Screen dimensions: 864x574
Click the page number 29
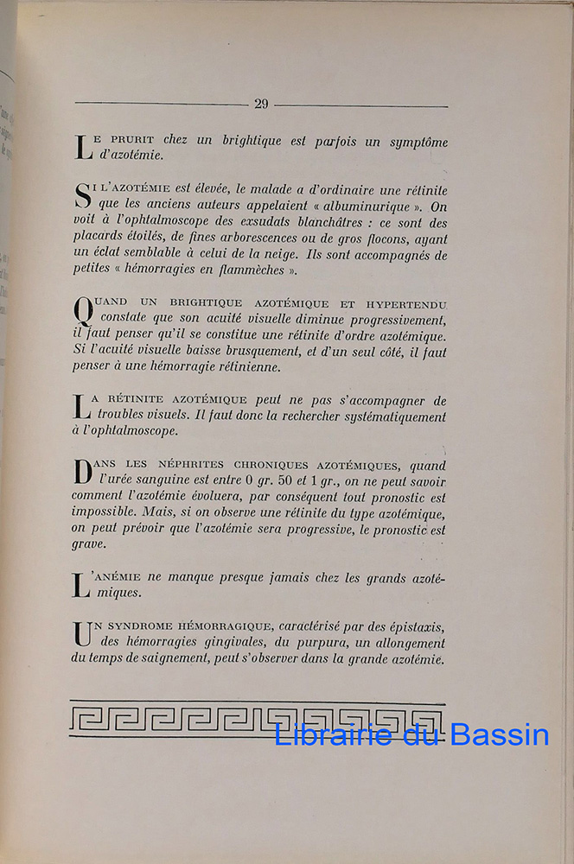click(x=261, y=104)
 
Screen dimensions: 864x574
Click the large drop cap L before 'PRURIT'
click(x=82, y=147)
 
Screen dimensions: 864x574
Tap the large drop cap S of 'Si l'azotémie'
click(x=82, y=195)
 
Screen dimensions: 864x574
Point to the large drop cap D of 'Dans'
click(x=82, y=472)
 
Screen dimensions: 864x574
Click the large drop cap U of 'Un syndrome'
click(x=82, y=632)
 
